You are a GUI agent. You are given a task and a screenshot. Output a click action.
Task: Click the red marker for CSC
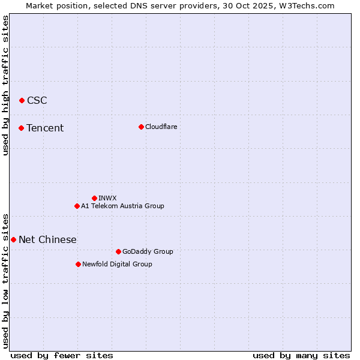(x=22, y=100)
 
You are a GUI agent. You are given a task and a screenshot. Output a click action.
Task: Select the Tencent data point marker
(x=21, y=128)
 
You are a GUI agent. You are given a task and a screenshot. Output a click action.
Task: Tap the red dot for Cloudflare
(x=141, y=127)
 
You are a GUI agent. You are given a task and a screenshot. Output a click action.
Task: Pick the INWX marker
(x=94, y=198)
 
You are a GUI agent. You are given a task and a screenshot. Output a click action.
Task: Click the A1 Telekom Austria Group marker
(x=77, y=206)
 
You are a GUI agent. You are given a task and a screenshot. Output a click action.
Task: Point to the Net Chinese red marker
(x=13, y=239)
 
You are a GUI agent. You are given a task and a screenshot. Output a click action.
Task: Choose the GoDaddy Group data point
(x=118, y=251)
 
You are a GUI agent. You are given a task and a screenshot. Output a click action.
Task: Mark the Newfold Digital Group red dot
(x=78, y=264)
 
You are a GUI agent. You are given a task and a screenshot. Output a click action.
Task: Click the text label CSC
(x=37, y=100)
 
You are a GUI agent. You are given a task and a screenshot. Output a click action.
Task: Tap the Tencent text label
(x=45, y=128)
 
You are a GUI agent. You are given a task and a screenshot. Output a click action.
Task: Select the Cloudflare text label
(x=161, y=127)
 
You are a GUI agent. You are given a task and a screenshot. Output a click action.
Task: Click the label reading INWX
(x=107, y=198)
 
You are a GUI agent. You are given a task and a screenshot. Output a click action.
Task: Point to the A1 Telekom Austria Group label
(x=122, y=206)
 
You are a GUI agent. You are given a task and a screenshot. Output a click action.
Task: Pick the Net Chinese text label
(x=47, y=239)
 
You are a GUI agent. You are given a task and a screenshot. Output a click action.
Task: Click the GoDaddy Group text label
(x=148, y=251)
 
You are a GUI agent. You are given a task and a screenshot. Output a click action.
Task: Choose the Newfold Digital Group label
(x=117, y=264)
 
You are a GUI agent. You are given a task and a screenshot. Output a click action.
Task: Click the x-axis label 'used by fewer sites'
(x=62, y=355)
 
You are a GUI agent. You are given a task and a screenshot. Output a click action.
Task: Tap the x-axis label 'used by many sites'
(x=301, y=355)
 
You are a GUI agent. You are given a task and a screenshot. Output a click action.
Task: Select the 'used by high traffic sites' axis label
(x=6, y=85)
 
